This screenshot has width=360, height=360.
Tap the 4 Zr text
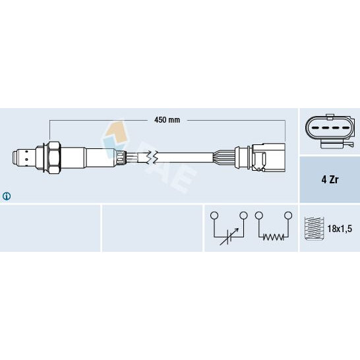(329, 179)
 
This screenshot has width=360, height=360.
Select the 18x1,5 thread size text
(341, 228)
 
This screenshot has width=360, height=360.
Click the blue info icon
(7, 196)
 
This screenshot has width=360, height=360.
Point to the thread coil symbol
(313, 228)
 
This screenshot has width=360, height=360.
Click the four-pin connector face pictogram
(328, 130)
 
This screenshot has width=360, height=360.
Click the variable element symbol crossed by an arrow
(228, 235)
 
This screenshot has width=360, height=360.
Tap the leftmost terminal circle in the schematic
(213, 216)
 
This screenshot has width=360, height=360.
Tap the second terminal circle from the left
(243, 216)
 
